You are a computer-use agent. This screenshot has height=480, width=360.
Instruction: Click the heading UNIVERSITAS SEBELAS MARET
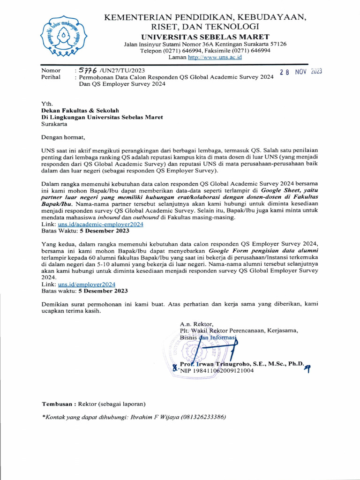[205, 37]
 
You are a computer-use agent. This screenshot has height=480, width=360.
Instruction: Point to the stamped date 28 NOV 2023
[300, 72]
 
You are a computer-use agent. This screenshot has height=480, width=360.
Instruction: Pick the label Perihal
[51, 77]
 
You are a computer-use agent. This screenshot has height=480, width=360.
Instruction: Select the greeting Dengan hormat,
[64, 137]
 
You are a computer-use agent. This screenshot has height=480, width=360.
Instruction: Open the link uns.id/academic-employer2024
[100, 225]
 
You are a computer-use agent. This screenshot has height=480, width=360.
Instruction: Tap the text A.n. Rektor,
[197, 323]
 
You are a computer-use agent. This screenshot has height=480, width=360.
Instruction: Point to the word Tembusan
[58, 404]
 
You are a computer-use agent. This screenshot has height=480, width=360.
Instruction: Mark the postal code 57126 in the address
[277, 44]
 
